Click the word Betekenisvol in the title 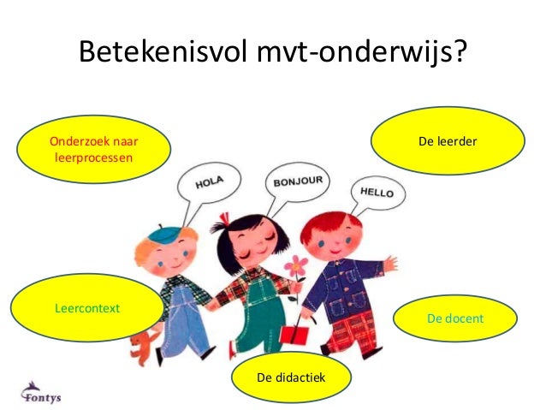point(160,52)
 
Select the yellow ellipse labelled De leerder point(447,140)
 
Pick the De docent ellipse point(454,318)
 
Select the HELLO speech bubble point(377,192)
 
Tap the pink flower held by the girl point(297,264)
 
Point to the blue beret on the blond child point(167,232)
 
